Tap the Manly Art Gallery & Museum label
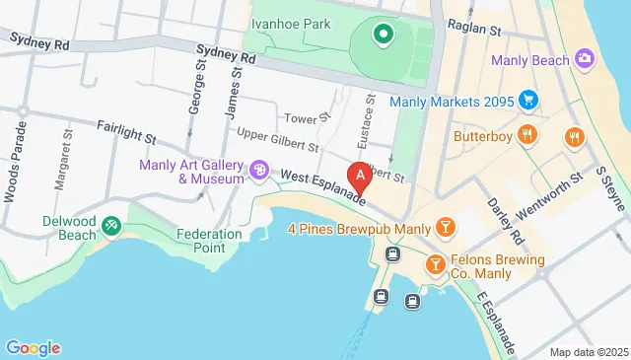(191, 172)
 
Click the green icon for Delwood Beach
(110, 227)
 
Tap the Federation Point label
(209, 241)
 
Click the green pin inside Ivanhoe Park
(383, 36)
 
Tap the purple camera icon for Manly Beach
(585, 59)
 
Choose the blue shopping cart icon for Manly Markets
(528, 100)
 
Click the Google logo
(33, 347)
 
